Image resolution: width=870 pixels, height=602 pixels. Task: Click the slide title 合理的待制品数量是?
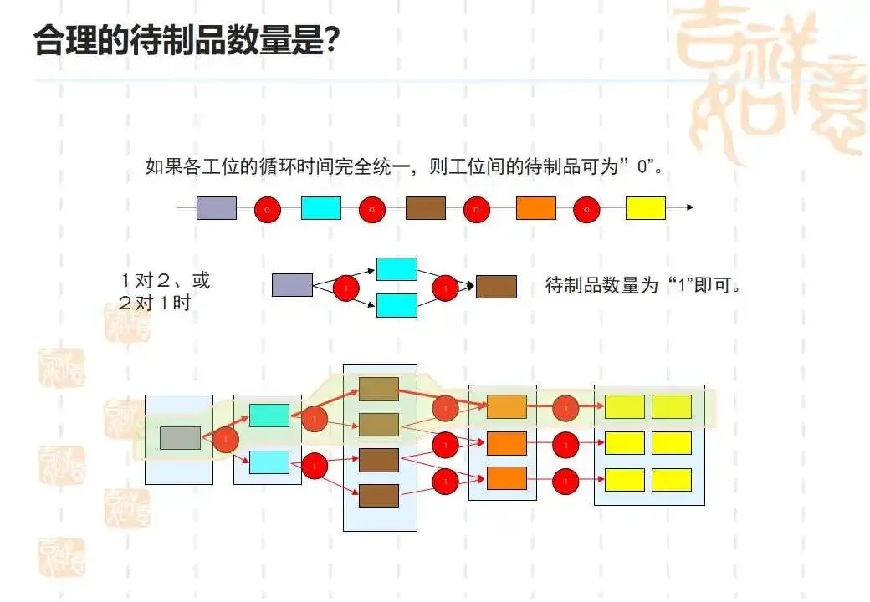[186, 39]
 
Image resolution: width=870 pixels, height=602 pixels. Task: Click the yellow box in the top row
[645, 208]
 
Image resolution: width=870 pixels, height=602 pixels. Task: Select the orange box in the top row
[535, 208]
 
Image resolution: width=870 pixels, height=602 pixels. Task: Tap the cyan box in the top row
[320, 208]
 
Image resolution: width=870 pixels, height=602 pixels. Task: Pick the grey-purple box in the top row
[216, 208]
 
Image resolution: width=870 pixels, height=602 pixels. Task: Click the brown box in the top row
[425, 208]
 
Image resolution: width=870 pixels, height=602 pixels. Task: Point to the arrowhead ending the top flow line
[689, 207]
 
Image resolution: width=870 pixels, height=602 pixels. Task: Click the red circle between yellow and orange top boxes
[586, 209]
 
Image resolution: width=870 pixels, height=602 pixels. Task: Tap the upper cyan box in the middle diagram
[397, 268]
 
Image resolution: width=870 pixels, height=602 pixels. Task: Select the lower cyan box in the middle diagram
[397, 305]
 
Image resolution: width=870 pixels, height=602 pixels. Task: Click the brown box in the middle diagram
[496, 287]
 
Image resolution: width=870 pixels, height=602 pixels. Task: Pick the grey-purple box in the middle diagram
[292, 285]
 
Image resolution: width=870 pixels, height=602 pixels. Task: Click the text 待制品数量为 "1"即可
[644, 286]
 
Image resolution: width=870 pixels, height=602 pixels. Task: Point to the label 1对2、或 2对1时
[164, 291]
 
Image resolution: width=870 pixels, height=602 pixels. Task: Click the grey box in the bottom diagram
[180, 438]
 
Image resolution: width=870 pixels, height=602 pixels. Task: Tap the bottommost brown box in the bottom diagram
[379, 496]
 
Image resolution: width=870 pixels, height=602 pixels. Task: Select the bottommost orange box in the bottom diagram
[506, 478]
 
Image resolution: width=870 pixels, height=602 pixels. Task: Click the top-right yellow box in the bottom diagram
[672, 406]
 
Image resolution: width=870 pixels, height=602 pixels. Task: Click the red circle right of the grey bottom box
[226, 439]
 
